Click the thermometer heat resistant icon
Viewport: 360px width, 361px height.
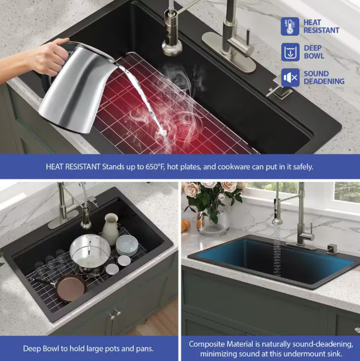tap(290, 26)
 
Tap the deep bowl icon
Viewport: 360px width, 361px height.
tap(290, 52)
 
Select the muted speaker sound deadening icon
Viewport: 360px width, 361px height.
tap(290, 78)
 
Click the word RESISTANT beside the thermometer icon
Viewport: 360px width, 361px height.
tap(321, 30)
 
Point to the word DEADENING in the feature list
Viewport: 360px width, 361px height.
tap(324, 81)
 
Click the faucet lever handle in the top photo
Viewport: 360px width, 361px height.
tap(248, 41)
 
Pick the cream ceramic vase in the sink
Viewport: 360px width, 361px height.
tap(111, 229)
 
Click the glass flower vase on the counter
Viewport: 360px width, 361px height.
tap(213, 220)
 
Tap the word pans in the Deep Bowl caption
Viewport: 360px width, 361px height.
tap(145, 349)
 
